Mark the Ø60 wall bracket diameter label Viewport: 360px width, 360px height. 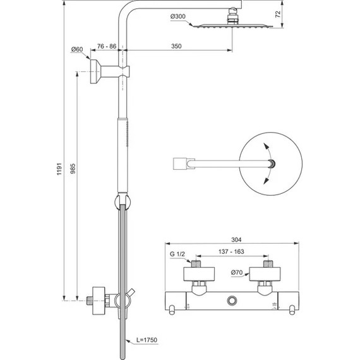click(76, 49)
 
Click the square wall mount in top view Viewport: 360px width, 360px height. click(180, 164)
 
